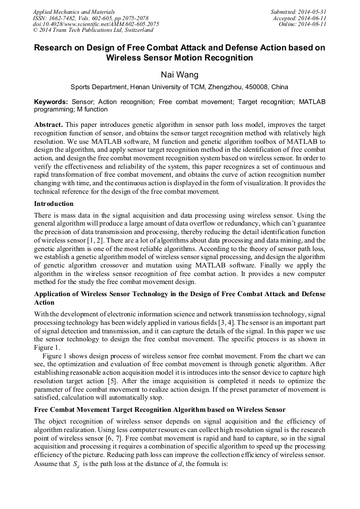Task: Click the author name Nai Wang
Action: (179, 75)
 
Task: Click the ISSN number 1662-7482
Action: (63, 18)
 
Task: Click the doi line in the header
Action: (96, 24)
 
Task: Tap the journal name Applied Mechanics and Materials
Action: (74, 11)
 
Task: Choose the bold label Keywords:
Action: (51, 101)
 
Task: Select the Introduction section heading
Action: (54, 204)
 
